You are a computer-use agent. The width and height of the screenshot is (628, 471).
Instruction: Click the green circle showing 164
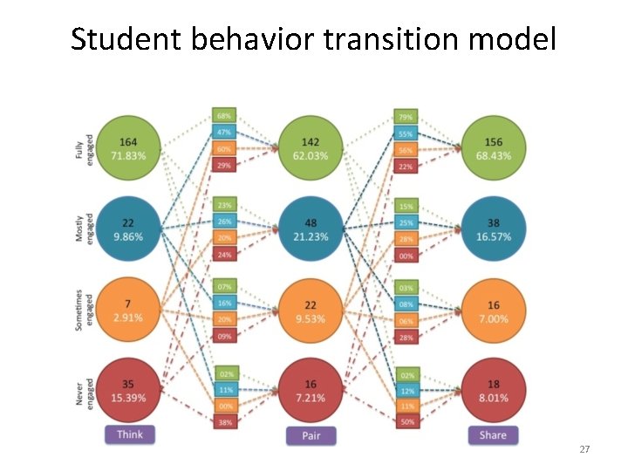click(128, 148)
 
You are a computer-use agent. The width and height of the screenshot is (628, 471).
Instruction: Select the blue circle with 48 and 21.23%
click(311, 230)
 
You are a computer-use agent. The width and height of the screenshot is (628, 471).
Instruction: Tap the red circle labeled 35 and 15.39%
click(128, 391)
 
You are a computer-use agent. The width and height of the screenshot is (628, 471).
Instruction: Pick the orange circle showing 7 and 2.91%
click(128, 310)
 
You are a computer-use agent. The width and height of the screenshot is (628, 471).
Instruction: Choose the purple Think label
click(129, 433)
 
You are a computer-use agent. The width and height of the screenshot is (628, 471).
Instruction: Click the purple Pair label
click(311, 435)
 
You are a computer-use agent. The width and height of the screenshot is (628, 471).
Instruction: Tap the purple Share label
click(493, 434)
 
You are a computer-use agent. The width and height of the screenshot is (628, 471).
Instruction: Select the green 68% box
click(224, 116)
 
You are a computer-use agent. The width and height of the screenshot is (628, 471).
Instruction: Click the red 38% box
click(224, 422)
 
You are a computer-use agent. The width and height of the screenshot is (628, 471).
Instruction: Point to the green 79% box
click(406, 117)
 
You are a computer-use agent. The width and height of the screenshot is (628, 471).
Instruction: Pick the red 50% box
click(406, 422)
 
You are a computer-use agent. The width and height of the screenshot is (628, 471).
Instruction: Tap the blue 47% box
click(224, 133)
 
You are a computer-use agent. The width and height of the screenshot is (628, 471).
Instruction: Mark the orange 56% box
click(406, 149)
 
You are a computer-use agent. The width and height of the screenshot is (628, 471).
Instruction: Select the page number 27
click(584, 449)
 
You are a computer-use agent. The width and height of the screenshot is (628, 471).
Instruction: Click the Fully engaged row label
click(85, 148)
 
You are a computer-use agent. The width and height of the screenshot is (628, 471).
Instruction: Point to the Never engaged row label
click(85, 391)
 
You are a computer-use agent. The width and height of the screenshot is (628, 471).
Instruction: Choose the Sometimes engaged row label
click(85, 310)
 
